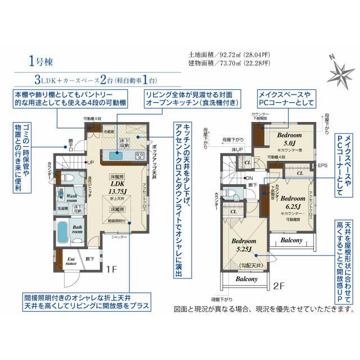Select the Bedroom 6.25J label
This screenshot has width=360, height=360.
pos(292,202)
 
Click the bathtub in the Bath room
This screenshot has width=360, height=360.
pos(62,232)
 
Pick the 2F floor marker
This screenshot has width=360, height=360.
pos(280,286)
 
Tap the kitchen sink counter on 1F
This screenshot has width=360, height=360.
pos(124,155)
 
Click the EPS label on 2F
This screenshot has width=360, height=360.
pos(322,166)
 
